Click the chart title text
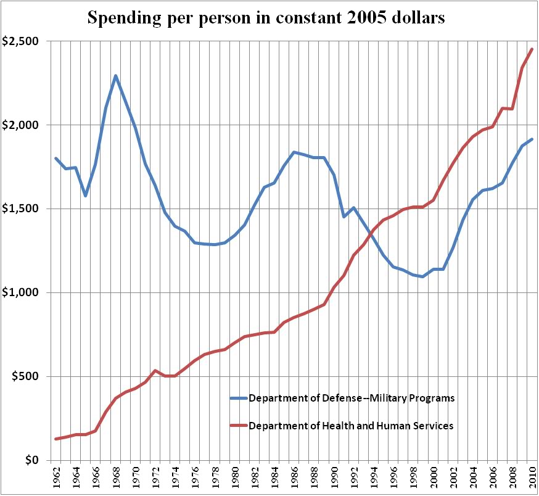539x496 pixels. tap(266, 18)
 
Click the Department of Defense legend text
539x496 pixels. tap(352, 398)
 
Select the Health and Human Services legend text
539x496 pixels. tap(351, 426)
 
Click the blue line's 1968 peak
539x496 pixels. tap(115, 76)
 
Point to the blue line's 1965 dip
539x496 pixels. tap(86, 196)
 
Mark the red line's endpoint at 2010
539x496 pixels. tap(532, 49)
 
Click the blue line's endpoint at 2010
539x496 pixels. tap(532, 139)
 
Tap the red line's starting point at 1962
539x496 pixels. tap(56, 439)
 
